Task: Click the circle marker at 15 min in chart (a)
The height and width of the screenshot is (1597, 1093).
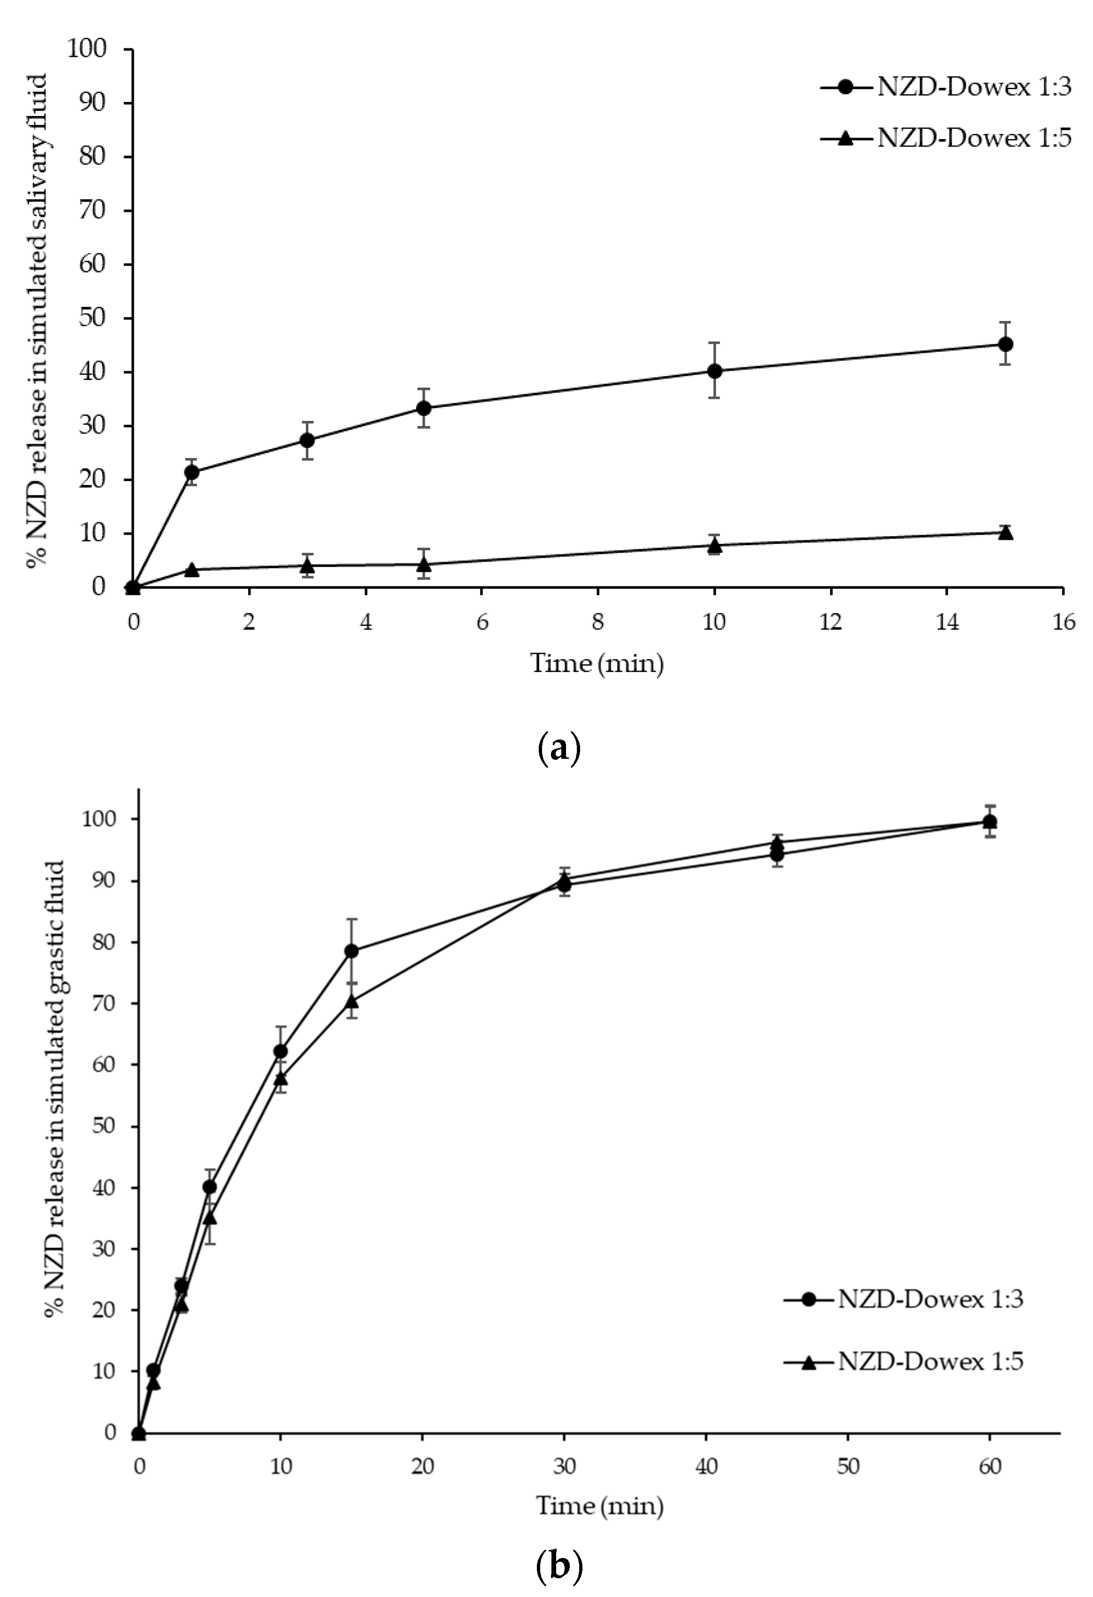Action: pyautogui.click(x=1005, y=343)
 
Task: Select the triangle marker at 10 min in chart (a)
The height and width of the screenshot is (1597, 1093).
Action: pyautogui.click(x=715, y=545)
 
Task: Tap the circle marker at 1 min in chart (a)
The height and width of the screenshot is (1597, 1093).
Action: pyautogui.click(x=192, y=472)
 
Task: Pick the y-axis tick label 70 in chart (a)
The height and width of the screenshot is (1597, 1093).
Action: pyautogui.click(x=91, y=211)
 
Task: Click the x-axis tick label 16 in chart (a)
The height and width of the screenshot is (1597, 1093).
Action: pyautogui.click(x=1063, y=622)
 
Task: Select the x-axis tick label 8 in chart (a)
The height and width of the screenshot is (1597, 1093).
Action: pyautogui.click(x=598, y=622)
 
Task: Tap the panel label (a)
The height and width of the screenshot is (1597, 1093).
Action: pyautogui.click(x=558, y=748)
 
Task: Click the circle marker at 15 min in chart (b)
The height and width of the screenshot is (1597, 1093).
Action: pyautogui.click(x=351, y=951)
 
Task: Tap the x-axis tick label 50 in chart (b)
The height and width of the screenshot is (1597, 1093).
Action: pyautogui.click(x=848, y=1466)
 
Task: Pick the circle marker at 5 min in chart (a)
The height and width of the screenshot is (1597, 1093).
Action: pyautogui.click(x=424, y=408)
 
